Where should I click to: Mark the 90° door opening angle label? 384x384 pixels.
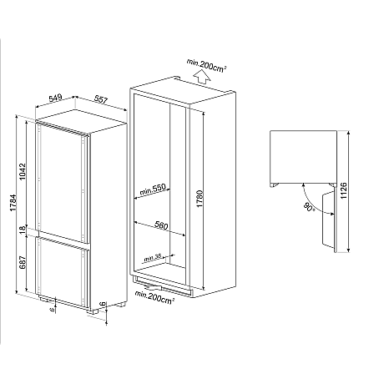(x=308, y=205)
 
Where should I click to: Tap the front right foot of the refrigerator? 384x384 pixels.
(x=101, y=314)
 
